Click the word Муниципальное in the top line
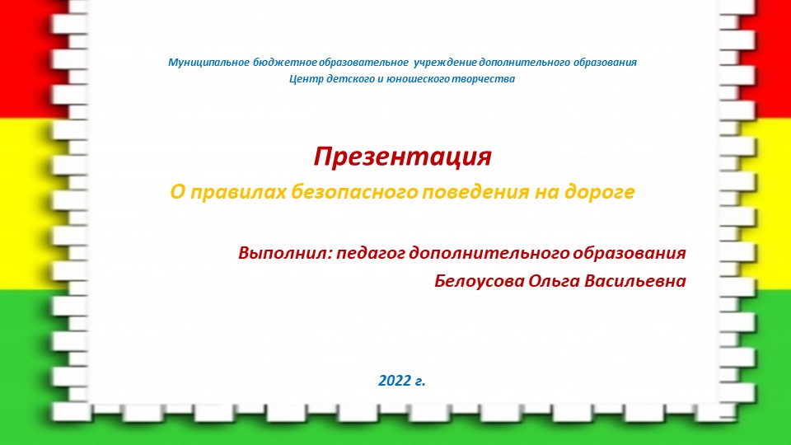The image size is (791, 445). click(x=208, y=63)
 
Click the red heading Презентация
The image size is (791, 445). click(x=403, y=157)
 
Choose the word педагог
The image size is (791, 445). click(x=371, y=254)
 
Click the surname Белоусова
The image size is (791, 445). click(x=480, y=281)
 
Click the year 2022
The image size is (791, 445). click(x=395, y=381)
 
